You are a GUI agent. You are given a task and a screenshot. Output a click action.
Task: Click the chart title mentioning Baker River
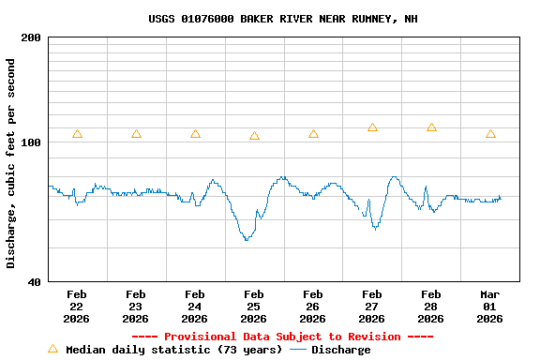(283, 19)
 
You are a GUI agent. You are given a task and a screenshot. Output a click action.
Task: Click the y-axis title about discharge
(11, 163)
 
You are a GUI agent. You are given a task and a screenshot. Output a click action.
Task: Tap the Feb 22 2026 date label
(77, 306)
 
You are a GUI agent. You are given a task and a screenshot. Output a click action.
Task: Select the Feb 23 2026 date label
(136, 306)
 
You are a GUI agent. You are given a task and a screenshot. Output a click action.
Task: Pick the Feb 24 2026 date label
(195, 306)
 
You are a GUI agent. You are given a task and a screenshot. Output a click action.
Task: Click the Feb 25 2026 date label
(254, 306)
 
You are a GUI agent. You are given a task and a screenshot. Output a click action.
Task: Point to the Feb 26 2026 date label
(313, 306)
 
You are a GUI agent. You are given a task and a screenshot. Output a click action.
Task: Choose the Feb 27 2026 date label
(372, 306)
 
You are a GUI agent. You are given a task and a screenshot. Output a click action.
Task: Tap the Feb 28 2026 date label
(431, 306)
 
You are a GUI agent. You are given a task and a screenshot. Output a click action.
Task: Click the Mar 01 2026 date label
(490, 306)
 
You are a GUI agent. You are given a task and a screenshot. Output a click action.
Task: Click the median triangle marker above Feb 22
(77, 134)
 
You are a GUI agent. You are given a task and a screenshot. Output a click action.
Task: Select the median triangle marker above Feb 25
(254, 136)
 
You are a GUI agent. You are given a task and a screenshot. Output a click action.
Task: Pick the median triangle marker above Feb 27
(372, 127)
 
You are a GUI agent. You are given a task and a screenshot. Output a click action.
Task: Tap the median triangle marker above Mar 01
(490, 134)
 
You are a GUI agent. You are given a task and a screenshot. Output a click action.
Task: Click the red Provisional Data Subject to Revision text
(282, 337)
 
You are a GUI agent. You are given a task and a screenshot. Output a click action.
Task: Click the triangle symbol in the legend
(52, 349)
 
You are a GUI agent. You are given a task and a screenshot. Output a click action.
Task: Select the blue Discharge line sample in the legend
(298, 350)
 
